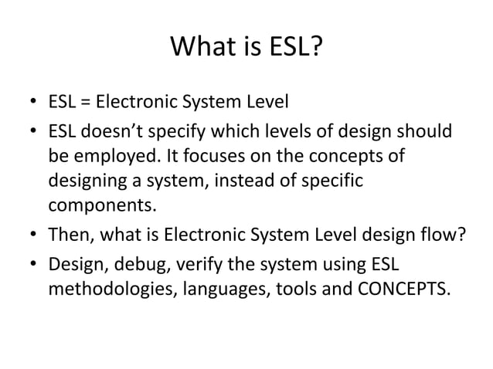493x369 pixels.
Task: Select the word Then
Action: coord(68,235)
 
